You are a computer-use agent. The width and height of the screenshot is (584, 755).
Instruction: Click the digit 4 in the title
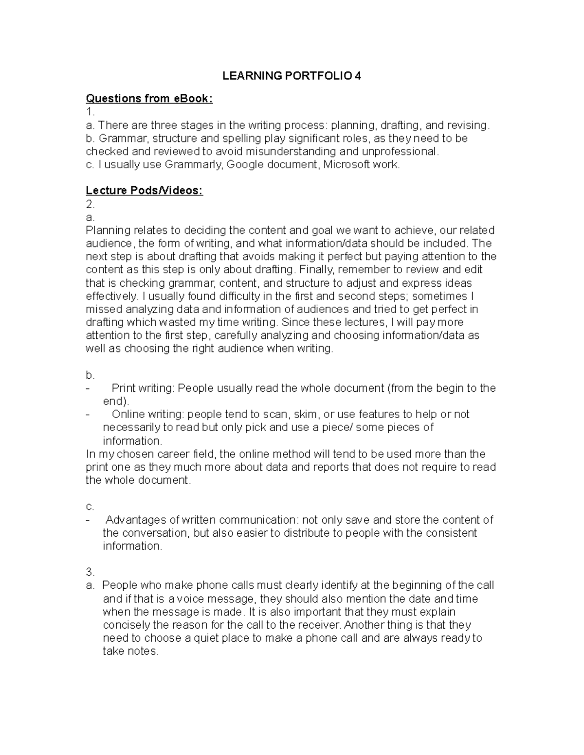click(358, 76)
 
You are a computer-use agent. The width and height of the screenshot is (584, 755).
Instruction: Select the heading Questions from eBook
click(149, 99)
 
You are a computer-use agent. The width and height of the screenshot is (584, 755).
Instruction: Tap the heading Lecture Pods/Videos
click(144, 191)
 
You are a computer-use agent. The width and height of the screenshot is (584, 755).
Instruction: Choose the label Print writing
click(143, 388)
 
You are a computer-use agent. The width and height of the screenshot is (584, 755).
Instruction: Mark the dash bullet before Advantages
click(88, 520)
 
